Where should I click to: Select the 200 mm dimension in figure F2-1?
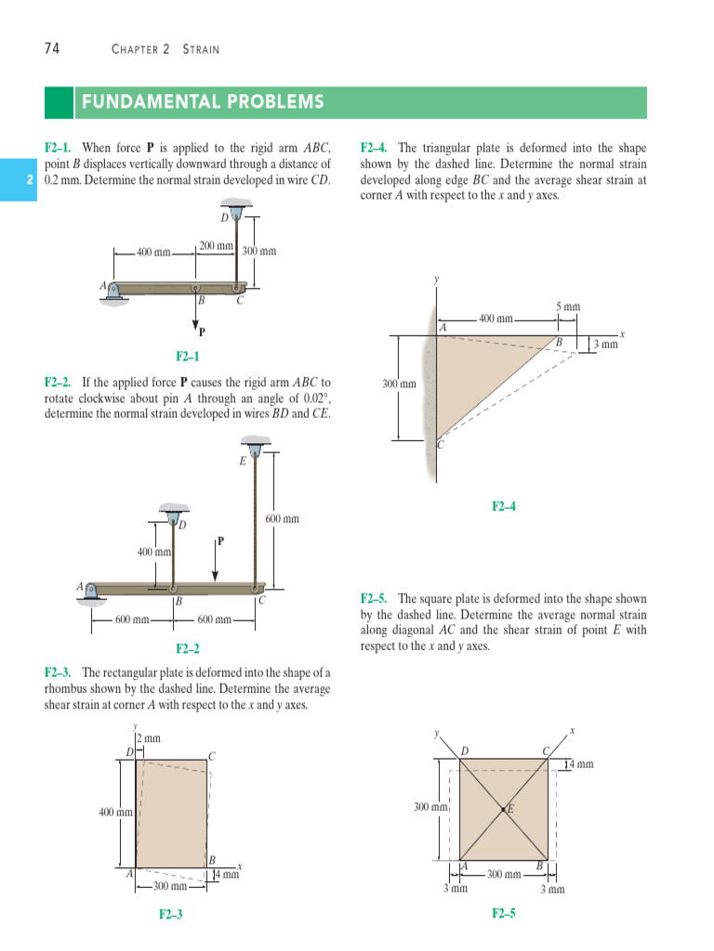click(216, 246)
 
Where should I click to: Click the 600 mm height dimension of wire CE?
click(283, 519)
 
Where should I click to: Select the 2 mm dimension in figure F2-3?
click(149, 738)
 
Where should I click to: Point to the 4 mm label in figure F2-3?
click(228, 875)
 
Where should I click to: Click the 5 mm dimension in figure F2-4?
click(568, 306)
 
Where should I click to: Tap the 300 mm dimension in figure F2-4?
click(399, 384)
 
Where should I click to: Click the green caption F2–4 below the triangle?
click(503, 506)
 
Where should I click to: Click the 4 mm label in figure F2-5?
click(580, 764)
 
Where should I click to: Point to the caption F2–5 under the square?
click(503, 914)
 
